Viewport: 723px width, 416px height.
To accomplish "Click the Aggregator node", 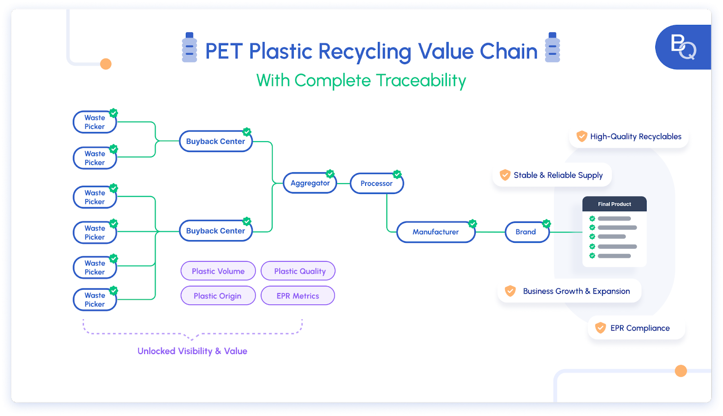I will pos(310,183).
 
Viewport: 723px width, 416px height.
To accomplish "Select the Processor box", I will pos(376,184).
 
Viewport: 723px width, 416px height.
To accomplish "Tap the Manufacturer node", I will pos(436,232).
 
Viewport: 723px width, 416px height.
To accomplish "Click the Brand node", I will pos(526,232).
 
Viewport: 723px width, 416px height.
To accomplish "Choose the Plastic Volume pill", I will pos(218,271).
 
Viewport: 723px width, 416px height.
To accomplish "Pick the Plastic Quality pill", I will pos(298,271).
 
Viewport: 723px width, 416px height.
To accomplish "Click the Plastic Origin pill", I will pos(218,296).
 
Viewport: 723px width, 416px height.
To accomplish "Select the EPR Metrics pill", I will pos(298,296).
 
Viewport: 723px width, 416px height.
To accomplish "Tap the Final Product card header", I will pos(614,204).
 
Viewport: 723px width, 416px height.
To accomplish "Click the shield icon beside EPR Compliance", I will pos(600,328).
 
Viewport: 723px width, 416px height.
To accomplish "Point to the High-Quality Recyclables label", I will pos(635,137).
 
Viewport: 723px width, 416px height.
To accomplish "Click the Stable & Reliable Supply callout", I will pos(552,175).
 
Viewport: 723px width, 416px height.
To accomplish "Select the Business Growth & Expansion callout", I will pos(569,291).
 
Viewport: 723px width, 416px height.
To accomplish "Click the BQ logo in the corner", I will pos(683,47).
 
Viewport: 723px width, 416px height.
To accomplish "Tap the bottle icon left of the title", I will pos(189,47).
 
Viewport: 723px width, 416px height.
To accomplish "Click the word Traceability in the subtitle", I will pos(421,81).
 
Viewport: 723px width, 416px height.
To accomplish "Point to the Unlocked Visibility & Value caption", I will pos(192,351).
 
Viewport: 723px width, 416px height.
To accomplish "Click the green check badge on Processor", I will pos(397,174).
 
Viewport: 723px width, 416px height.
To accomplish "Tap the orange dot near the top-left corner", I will pos(106,64).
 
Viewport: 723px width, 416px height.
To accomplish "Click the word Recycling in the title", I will pos(365,52).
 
